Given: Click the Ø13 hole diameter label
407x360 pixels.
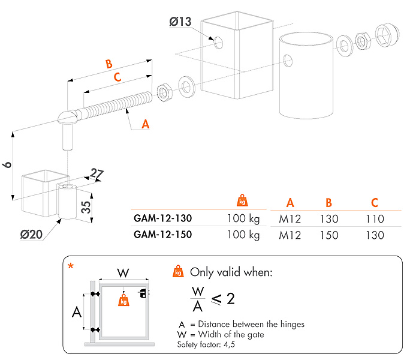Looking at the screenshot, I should tap(180, 22).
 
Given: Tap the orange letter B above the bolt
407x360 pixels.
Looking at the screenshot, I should tap(108, 64).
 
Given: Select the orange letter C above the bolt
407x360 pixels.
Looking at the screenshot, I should tap(117, 77).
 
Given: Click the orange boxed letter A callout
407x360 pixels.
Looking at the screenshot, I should tap(144, 124).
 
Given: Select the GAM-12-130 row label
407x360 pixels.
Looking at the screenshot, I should tap(162, 218).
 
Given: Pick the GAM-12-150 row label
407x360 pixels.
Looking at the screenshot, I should tap(162, 234).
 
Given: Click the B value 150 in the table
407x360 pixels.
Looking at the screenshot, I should tap(328, 235).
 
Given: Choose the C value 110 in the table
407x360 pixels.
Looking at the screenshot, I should tap(375, 220).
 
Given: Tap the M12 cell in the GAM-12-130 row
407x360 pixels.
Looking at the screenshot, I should tap(290, 220).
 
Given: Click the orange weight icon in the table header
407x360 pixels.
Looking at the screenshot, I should tap(242, 200).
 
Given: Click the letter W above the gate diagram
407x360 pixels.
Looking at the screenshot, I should tap(123, 272).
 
